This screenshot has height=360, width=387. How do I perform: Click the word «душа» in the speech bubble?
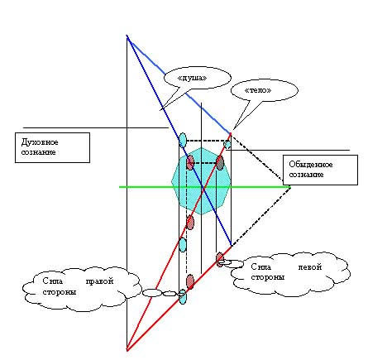coord(192,78)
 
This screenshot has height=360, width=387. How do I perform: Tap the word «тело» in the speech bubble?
coord(258,90)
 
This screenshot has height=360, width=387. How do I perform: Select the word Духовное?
coord(40,142)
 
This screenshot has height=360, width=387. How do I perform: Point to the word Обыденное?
coord(311,165)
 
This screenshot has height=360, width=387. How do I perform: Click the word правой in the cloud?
coord(99,281)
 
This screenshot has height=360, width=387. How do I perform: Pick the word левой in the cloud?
coord(310,267)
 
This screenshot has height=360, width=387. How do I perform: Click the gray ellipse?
coord(220,163)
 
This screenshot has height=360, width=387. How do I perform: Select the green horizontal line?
coord(205,187)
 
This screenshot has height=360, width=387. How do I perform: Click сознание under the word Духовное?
coord(38,152)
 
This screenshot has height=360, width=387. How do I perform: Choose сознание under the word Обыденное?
coord(306,175)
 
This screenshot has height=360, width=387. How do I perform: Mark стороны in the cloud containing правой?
coord(60,292)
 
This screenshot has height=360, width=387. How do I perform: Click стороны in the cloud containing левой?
coord(268,277)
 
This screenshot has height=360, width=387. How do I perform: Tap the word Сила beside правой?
coord(53,281)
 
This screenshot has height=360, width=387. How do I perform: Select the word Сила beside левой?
coord(261,266)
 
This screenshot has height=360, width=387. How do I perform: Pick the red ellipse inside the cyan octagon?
coord(190,162)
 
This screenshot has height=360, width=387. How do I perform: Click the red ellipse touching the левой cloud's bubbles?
coord(220,259)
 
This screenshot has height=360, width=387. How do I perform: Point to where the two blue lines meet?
coord(127,36)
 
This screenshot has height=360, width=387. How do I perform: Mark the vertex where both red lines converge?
coord(127,351)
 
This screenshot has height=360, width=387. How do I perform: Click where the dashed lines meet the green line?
coord(290,187)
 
